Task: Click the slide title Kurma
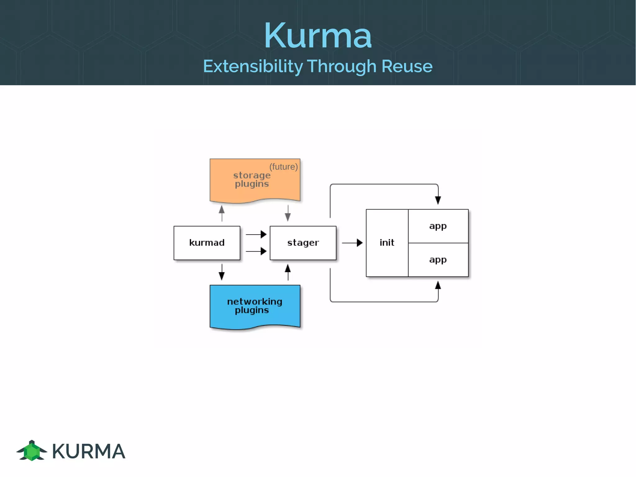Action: coord(318,35)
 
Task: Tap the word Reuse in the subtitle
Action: coord(407,66)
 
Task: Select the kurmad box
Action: coord(207,243)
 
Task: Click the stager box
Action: coord(303,243)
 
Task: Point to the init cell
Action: coord(387,243)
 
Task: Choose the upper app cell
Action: coord(438,226)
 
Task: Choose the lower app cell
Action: coord(438,260)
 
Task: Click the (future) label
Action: coord(284,167)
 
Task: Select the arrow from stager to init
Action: coord(352,243)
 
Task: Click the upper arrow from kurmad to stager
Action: coord(256,234)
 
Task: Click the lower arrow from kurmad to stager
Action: coord(256,251)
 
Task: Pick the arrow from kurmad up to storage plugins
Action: coord(222,213)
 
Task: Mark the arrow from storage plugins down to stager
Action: coord(288,213)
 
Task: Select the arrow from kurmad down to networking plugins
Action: coord(222,272)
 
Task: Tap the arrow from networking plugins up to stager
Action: coord(288,272)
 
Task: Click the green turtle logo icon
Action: coord(32,451)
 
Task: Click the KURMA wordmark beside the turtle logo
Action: coord(89,451)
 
